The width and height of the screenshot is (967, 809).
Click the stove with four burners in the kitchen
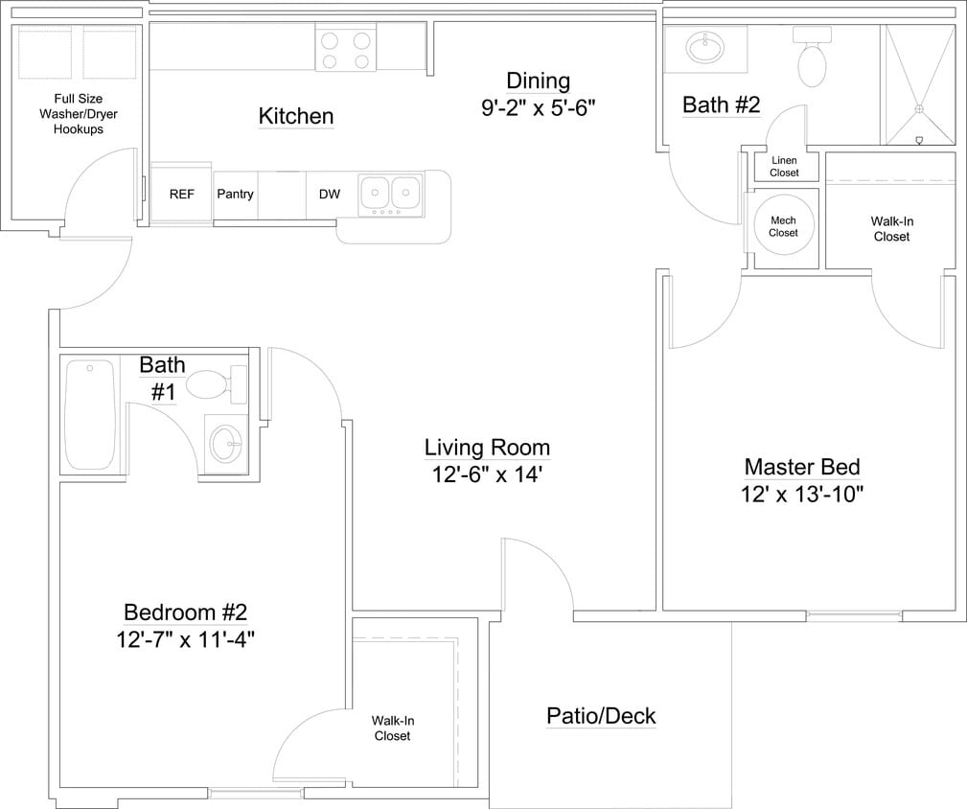click(345, 50)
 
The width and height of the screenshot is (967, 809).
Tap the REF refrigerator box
click(181, 195)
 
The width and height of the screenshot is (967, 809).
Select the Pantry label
click(235, 195)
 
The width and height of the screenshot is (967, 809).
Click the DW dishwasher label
click(329, 195)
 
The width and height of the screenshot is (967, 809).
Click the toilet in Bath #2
click(812, 59)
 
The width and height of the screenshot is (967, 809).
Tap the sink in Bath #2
click(707, 46)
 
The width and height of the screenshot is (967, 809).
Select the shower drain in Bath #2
click(921, 109)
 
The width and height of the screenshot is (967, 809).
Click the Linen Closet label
click(784, 167)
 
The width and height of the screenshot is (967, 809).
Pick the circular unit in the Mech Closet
click(783, 226)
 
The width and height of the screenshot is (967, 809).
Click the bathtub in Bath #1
click(89, 413)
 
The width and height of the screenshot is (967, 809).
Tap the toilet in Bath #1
click(213, 385)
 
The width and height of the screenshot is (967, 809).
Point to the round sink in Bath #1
click(227, 443)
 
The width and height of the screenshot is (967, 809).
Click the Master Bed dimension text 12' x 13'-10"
click(803, 495)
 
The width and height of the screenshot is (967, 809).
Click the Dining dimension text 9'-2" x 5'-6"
click(538, 107)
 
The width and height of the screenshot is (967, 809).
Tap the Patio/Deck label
click(601, 716)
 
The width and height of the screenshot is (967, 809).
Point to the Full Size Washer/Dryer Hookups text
click(79, 114)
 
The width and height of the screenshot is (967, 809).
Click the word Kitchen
click(296, 117)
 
